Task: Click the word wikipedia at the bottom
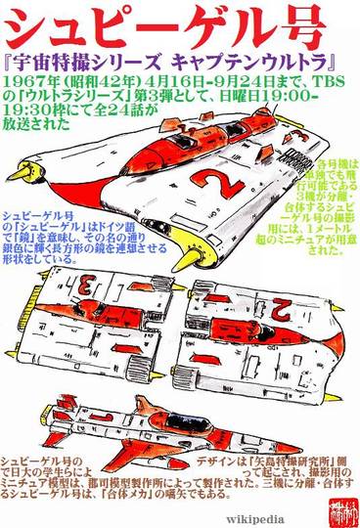pos(253,519)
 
